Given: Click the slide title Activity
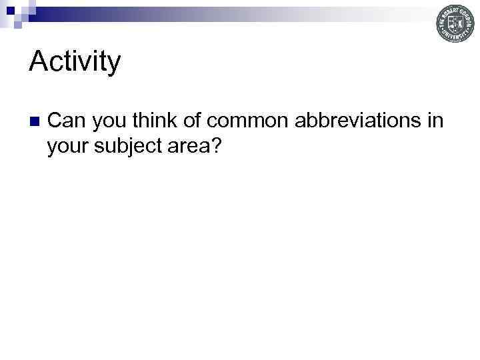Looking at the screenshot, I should [x=75, y=62].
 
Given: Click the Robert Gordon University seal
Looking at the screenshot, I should [x=455, y=24].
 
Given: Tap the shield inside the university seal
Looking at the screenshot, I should [x=455, y=24].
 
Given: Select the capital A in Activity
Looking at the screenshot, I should [x=38, y=61].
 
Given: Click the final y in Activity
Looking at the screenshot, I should [x=114, y=65].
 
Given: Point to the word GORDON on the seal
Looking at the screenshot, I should [x=467, y=17].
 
